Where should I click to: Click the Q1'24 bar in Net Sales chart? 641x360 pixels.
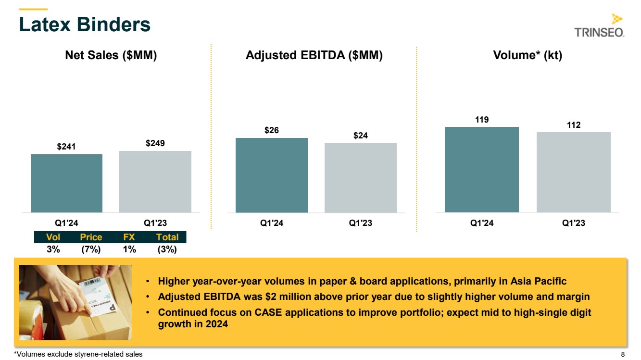66,183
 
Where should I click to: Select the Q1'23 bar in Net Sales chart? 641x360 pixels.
155,182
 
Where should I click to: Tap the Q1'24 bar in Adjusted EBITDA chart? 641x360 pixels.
271,175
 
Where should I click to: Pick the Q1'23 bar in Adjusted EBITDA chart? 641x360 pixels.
360,178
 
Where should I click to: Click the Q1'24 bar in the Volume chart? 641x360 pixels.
481,169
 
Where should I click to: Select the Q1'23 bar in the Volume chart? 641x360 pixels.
573,172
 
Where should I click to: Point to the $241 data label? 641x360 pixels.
66,146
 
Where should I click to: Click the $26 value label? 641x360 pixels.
271,130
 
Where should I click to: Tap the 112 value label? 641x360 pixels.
573,125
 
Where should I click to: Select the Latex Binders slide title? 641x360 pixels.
85,25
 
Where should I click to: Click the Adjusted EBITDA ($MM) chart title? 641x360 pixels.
314,55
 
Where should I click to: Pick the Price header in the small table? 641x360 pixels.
91,237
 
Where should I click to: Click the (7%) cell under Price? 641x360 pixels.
91,249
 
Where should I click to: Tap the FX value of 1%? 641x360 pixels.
129,249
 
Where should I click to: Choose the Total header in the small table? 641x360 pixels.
167,237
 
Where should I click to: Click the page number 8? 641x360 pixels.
623,355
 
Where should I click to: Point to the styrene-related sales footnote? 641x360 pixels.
78,355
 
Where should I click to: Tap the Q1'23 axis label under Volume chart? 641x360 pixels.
573,223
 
